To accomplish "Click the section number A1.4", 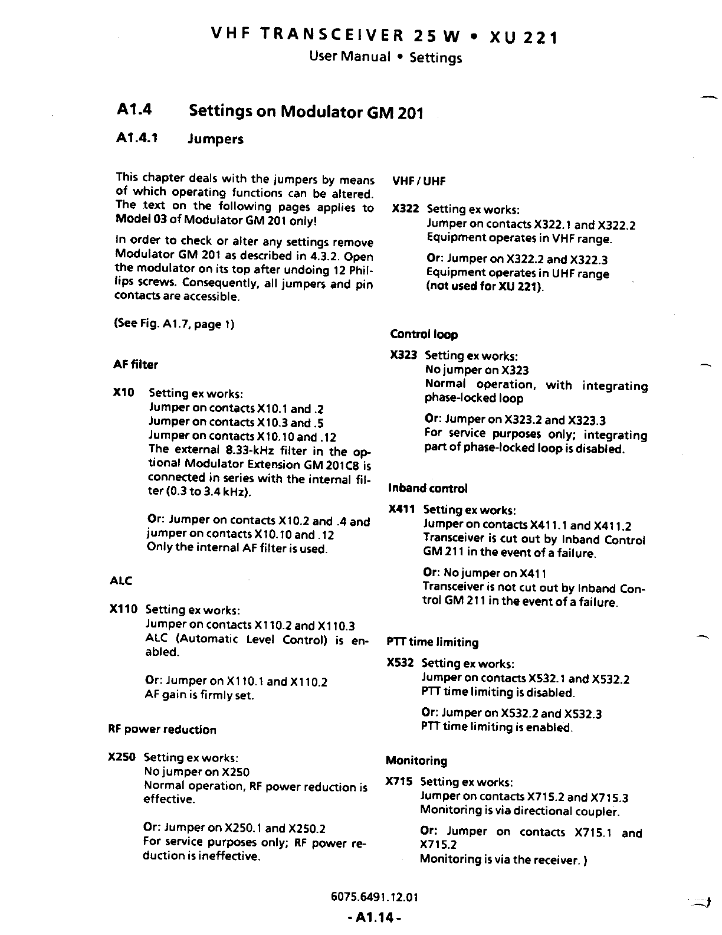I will click(x=134, y=109).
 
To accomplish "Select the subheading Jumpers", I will click(x=215, y=139).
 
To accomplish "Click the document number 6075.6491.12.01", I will click(x=375, y=898).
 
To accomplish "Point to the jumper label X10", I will click(x=123, y=393).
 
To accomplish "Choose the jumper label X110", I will click(x=123, y=609).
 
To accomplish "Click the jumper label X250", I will click(x=122, y=757).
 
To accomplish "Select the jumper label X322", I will click(x=405, y=209).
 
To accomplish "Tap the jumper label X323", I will click(x=403, y=355).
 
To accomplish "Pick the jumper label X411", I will click(x=402, y=509).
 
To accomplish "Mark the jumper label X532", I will click(x=400, y=663).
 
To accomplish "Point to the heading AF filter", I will click(x=136, y=365).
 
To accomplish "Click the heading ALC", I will click(x=121, y=581).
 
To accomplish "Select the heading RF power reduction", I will click(x=162, y=730).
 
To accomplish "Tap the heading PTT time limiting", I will click(x=432, y=642).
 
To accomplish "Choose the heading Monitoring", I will click(x=416, y=761).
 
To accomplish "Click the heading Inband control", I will click(x=428, y=488).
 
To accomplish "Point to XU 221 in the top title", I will click(x=522, y=38).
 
